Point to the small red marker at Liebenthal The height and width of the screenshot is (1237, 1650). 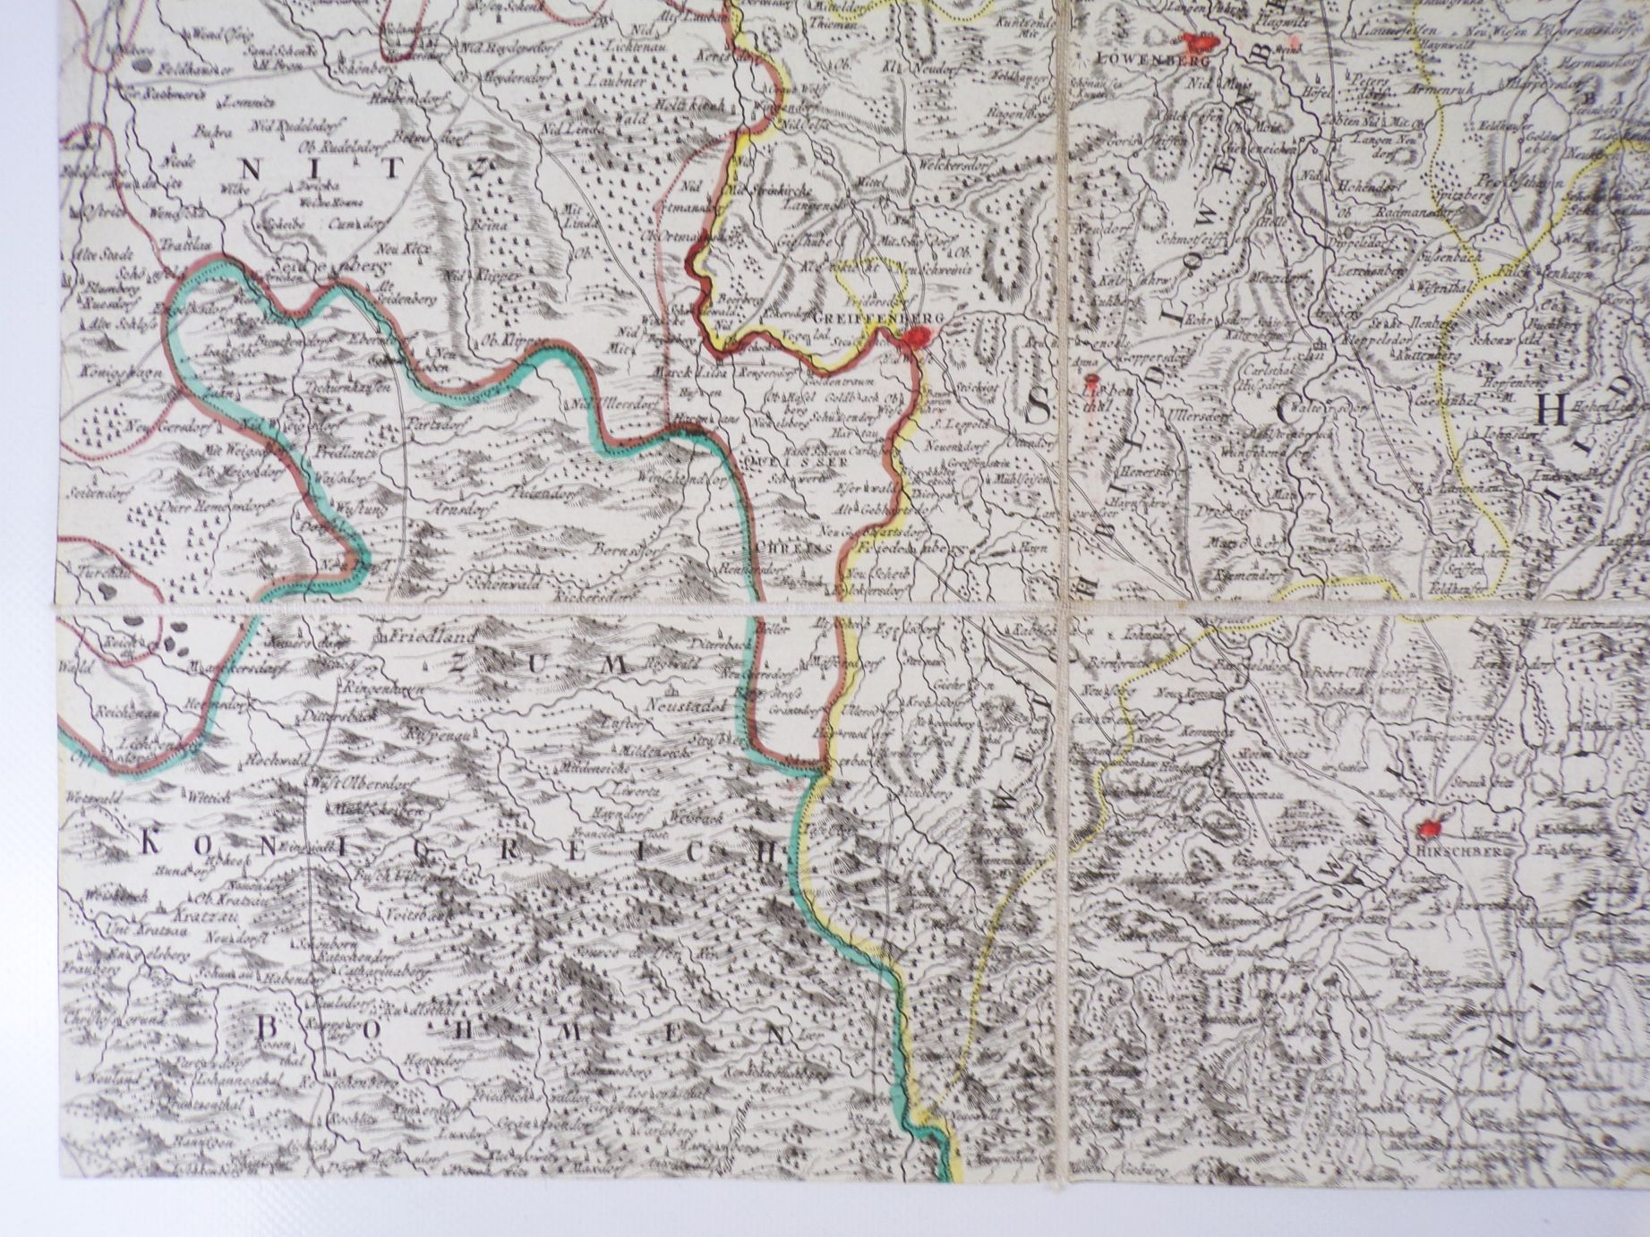(1088, 380)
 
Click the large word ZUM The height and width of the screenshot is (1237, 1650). (534, 663)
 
